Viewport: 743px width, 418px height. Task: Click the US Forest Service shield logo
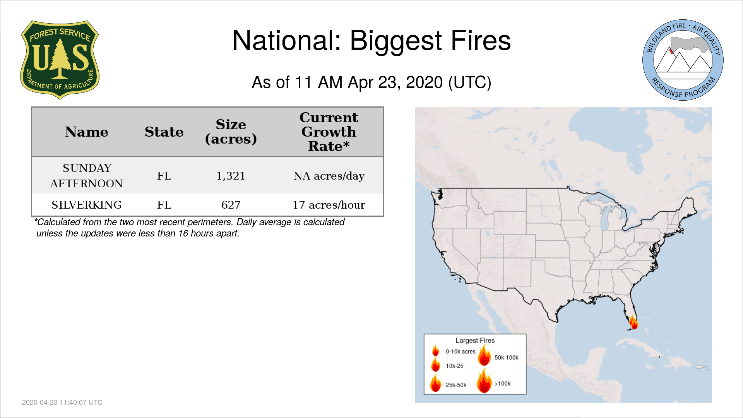(60, 60)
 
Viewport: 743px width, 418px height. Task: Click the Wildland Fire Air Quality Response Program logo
(683, 60)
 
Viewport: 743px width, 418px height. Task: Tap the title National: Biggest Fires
(371, 41)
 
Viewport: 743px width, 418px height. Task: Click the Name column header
(87, 132)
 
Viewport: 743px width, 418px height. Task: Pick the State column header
(164, 132)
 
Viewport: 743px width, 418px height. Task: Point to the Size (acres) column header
(231, 132)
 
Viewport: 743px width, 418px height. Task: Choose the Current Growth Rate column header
(329, 132)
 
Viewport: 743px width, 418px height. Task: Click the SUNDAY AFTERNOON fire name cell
(87, 176)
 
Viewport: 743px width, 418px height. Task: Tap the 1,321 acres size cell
(231, 176)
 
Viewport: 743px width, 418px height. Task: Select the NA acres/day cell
(329, 176)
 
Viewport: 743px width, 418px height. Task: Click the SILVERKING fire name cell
(87, 205)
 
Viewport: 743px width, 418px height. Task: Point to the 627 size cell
(231, 205)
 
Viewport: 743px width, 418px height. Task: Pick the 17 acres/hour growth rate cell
(329, 205)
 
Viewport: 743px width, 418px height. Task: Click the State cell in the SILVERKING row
(164, 205)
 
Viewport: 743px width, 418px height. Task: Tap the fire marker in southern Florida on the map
(633, 322)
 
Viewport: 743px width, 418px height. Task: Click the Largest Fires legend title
(475, 341)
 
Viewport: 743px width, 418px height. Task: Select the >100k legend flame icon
(484, 381)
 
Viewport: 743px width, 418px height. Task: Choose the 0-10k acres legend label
(461, 352)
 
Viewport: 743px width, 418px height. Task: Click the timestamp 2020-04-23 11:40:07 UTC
(62, 403)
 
